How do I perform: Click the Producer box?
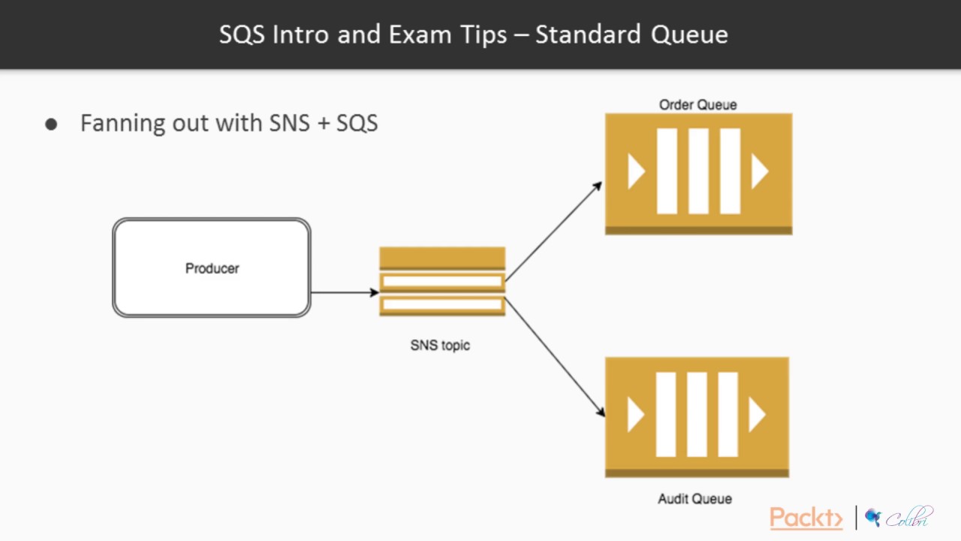click(x=211, y=267)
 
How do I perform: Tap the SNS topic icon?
click(x=441, y=281)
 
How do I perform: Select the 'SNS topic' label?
click(x=440, y=346)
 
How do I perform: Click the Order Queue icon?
click(x=698, y=173)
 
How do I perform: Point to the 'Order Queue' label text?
click(x=697, y=105)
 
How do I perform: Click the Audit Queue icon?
click(x=697, y=416)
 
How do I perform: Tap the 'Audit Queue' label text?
click(x=694, y=499)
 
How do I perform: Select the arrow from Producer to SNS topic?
click(x=344, y=292)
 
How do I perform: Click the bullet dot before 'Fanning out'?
click(x=51, y=125)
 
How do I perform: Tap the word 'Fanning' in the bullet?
click(x=122, y=123)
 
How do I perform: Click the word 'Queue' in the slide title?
click(x=688, y=35)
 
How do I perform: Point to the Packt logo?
click(x=806, y=518)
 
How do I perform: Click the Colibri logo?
click(x=899, y=518)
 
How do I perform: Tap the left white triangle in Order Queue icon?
click(x=636, y=172)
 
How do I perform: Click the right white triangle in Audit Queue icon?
click(x=757, y=416)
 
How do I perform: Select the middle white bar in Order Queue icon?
click(x=698, y=171)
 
